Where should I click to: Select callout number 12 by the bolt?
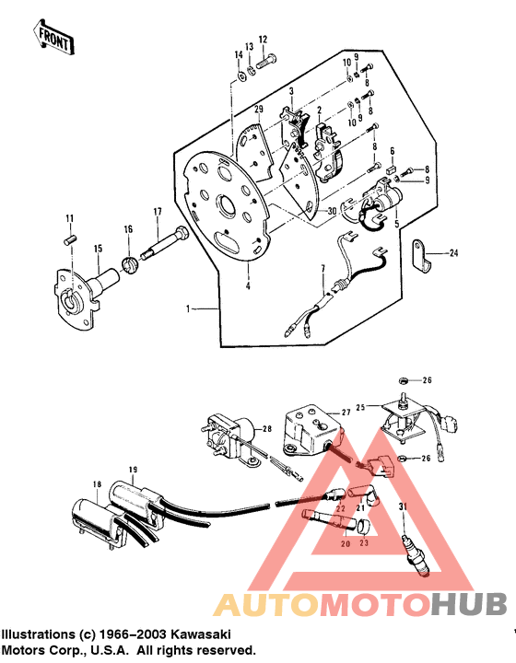tap(263, 40)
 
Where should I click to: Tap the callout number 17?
tap(158, 212)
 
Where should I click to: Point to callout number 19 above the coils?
tap(133, 471)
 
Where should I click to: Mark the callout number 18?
tap(95, 483)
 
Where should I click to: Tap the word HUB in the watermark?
tap(469, 604)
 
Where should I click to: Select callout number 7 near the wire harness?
tap(322, 268)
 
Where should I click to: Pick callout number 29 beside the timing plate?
tap(260, 110)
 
